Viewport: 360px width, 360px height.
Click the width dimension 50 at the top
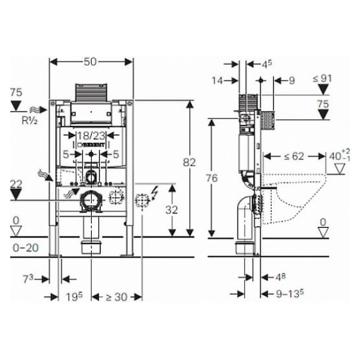tap(91, 62)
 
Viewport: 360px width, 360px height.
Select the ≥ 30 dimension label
tap(117, 297)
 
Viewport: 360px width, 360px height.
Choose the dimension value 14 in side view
tap(217, 79)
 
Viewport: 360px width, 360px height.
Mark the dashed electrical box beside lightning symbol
tap(142, 200)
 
